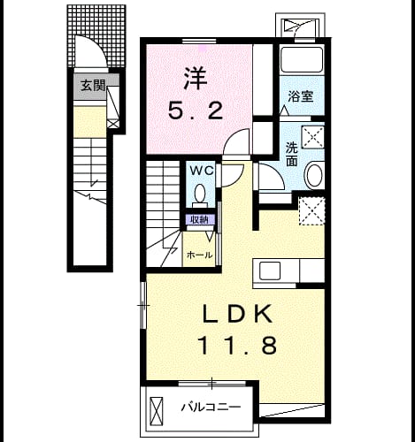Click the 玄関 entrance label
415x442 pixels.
point(93,85)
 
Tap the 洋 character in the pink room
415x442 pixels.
point(196,79)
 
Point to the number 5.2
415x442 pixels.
point(196,110)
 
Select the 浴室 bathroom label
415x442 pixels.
point(301,96)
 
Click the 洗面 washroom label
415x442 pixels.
point(292,154)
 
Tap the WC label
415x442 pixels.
point(202,171)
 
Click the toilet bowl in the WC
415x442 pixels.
point(200,193)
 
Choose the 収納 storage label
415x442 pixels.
point(199,219)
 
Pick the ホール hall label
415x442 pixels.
point(200,255)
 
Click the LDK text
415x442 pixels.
point(237,314)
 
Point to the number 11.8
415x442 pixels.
point(238,346)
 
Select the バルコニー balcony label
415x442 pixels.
point(211,408)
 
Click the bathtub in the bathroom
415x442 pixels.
point(301,59)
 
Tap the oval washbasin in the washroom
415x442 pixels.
point(314,176)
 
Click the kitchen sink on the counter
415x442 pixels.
point(270,271)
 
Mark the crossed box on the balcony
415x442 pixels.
point(157,411)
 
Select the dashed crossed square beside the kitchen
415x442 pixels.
point(311,211)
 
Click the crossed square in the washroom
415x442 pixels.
point(312,137)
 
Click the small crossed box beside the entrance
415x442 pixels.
point(112,124)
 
